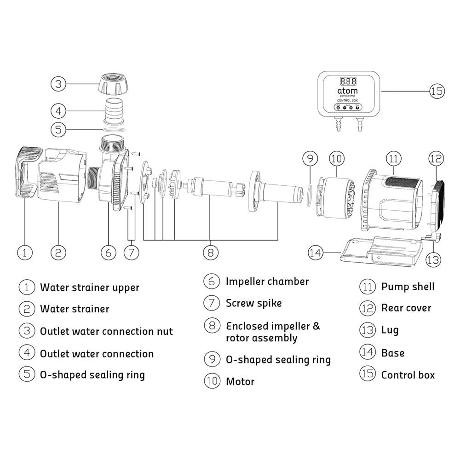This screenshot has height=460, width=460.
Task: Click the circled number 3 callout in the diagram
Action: click(x=58, y=84)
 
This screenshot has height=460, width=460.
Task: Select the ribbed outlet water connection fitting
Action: click(x=113, y=111)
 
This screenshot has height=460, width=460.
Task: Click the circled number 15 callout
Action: click(x=437, y=91)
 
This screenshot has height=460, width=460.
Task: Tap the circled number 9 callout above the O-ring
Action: click(x=310, y=159)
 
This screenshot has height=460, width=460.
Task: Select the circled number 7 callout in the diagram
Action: click(x=132, y=253)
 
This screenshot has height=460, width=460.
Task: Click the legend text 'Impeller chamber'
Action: click(x=267, y=282)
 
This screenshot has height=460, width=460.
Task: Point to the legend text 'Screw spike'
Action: click(x=253, y=303)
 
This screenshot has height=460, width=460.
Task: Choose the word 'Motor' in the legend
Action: click(x=240, y=381)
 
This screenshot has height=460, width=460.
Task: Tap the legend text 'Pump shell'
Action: click(x=408, y=287)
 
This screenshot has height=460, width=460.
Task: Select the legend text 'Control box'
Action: click(x=408, y=375)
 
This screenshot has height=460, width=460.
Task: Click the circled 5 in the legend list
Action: click(x=27, y=374)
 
